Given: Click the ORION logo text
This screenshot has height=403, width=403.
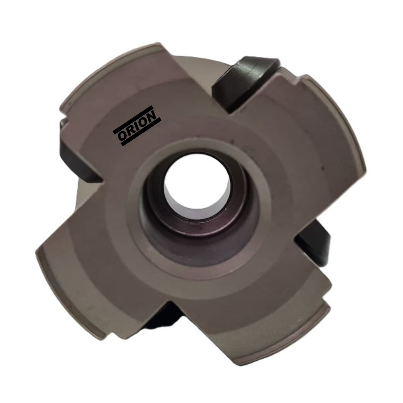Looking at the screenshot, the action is click(x=137, y=126).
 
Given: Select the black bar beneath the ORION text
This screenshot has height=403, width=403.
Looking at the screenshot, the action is click(x=141, y=132).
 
